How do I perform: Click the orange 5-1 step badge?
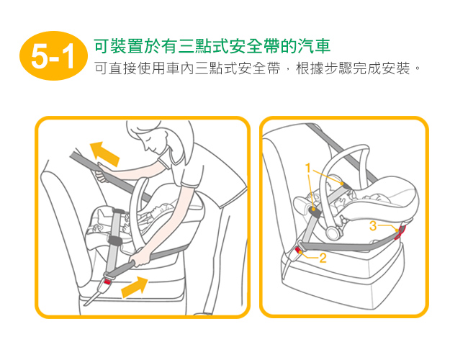(54, 56)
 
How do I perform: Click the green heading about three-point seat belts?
(212, 46)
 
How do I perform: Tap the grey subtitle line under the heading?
(257, 68)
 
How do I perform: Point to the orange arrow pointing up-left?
(104, 154)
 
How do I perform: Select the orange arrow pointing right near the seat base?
(135, 287)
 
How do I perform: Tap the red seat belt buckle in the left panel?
(107, 282)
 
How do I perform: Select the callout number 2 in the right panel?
(323, 258)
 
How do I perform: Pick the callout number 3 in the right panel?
(373, 225)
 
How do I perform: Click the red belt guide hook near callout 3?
(400, 233)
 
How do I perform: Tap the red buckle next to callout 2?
(299, 251)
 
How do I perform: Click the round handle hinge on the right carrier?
(333, 233)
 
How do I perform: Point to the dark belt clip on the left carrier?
(115, 240)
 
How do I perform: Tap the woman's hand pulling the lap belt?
(140, 259)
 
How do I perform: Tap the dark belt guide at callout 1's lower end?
(315, 212)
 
